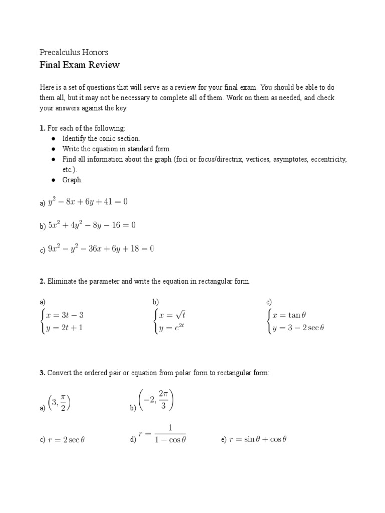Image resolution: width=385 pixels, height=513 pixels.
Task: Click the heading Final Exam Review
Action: [79, 65]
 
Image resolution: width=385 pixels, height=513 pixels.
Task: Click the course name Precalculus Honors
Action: [74, 52]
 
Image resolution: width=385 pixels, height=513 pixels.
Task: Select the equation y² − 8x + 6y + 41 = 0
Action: [88, 202]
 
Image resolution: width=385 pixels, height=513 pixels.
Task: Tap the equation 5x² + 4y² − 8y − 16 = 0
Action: [92, 225]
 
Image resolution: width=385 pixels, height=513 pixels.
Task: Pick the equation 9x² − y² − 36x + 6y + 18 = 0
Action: [100, 249]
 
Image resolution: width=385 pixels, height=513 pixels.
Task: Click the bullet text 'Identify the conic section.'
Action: [101, 139]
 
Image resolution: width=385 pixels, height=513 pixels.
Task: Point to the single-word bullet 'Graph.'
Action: [72, 180]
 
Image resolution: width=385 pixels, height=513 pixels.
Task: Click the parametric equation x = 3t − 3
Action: [65, 315]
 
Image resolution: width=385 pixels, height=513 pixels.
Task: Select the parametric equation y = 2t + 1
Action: [65, 328]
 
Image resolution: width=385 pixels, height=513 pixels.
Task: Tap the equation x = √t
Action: [172, 315]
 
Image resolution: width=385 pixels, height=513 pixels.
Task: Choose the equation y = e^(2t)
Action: [172, 328]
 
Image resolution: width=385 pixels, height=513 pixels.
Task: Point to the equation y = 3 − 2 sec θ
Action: [298, 328]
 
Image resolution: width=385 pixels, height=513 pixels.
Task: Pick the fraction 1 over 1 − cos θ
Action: [170, 434]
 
